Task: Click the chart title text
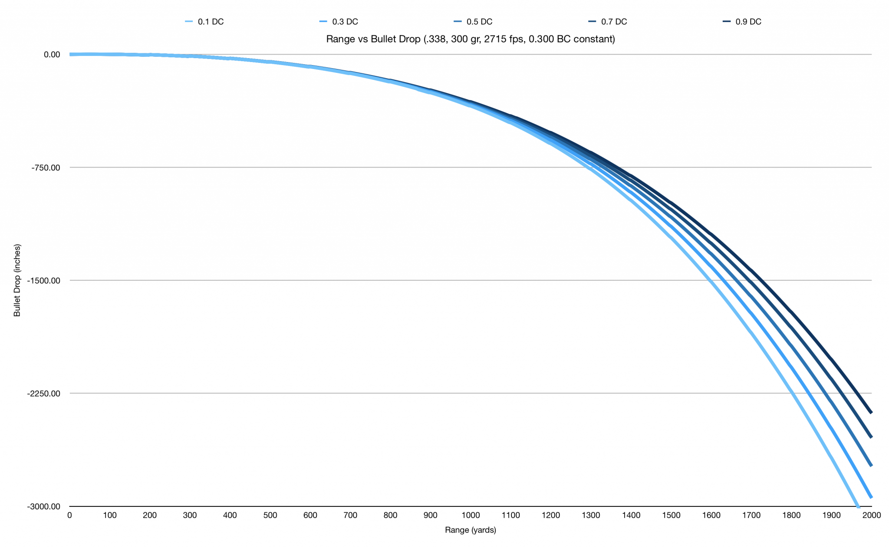[471, 39]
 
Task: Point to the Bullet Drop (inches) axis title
[17, 280]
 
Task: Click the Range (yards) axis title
[471, 530]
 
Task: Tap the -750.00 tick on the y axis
[46, 167]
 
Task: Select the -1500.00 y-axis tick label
[44, 280]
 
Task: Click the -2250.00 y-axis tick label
[44, 394]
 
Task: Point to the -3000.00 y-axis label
[44, 506]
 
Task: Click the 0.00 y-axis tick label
[52, 55]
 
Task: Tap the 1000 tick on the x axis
[471, 515]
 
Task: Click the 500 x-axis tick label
[270, 515]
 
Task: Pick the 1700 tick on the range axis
[751, 515]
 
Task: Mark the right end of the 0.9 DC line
[871, 413]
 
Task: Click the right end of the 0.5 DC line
[871, 466]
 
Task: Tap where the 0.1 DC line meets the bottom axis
[858, 506]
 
